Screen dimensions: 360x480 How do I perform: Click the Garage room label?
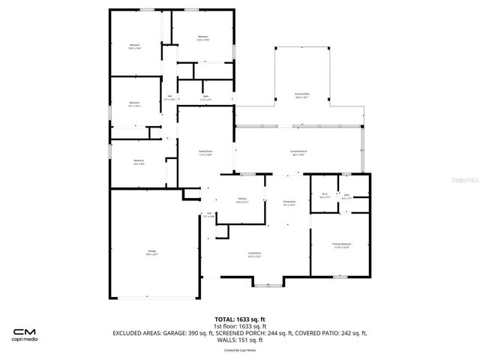tap(151, 252)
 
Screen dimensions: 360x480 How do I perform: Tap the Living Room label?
tap(254, 254)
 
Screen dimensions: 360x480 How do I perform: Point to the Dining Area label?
tap(289, 203)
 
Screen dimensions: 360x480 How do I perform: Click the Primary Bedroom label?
tap(341, 245)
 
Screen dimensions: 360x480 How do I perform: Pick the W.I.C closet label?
tap(324, 196)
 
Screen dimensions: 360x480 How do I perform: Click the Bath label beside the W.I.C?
tap(346, 196)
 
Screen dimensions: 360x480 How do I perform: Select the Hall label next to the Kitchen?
tap(210, 214)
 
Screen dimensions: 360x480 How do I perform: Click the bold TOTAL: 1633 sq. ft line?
tap(240, 319)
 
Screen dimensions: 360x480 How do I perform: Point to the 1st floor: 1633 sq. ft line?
tap(240, 326)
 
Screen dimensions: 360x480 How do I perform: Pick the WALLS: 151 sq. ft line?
tap(240, 340)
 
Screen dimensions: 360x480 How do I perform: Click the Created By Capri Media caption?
tap(240, 349)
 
